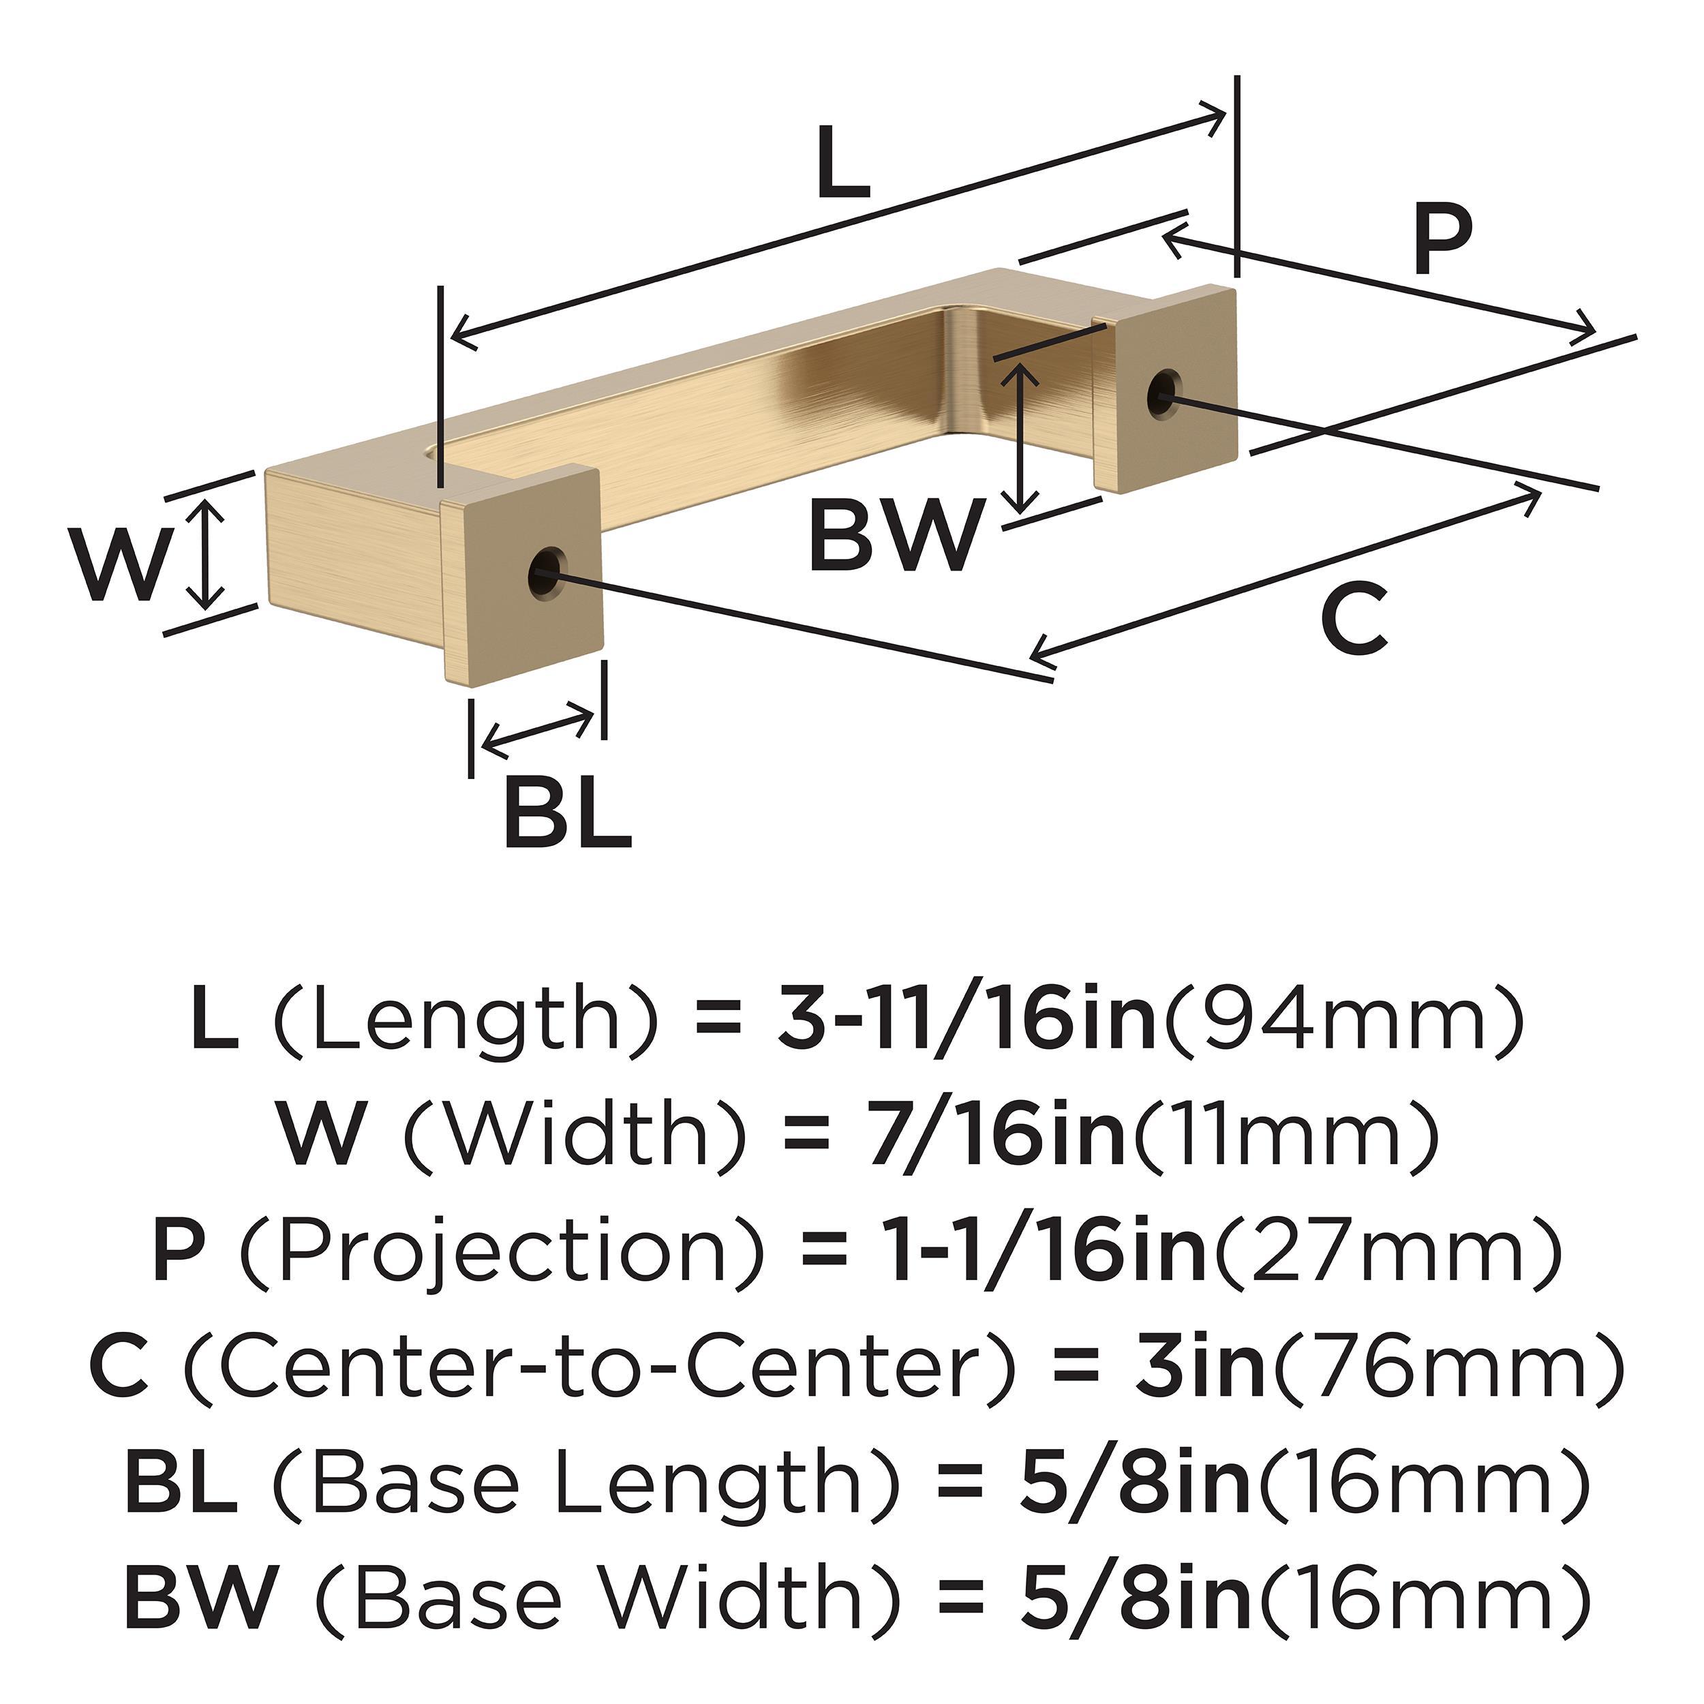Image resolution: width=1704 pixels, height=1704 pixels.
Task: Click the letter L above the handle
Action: point(842,164)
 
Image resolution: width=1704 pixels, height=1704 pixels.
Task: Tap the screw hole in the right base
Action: point(1164,393)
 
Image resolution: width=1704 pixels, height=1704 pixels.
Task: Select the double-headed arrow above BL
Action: point(538,730)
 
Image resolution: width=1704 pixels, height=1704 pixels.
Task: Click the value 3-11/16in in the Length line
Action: point(967,1021)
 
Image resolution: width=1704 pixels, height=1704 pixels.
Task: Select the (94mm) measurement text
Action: point(1344,1021)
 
